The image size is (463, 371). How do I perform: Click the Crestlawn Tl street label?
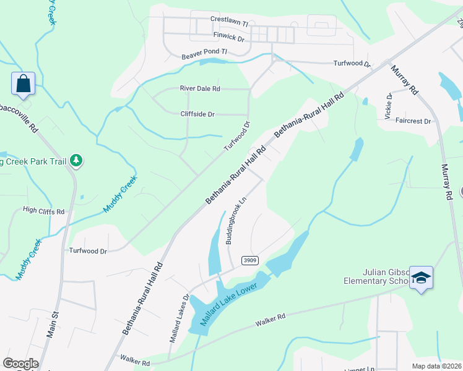[228, 22]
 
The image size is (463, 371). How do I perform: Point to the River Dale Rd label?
[200, 88]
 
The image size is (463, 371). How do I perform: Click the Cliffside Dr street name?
[197, 114]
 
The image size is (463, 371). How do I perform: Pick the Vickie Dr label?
[389, 106]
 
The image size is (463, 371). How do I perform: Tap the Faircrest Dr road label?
[412, 121]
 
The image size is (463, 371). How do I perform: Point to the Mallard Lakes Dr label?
[178, 318]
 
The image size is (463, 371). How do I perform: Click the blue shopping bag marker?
[23, 83]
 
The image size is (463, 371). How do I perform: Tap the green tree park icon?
[76, 161]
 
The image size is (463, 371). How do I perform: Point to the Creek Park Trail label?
[34, 162]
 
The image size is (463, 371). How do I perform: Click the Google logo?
[20, 364]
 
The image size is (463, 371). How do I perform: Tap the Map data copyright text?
[436, 366]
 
